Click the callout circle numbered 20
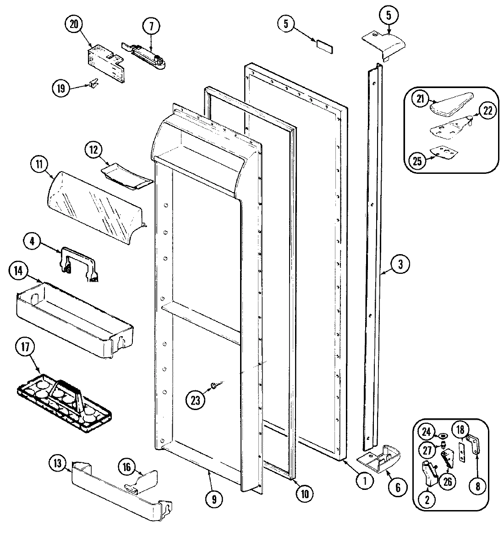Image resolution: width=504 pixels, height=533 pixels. point(74,26)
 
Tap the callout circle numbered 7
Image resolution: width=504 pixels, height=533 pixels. point(151,26)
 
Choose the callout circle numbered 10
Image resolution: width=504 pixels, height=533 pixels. point(304,493)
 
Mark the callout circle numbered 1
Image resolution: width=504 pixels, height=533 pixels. point(364,481)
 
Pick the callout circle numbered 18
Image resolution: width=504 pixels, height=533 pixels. point(460,430)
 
